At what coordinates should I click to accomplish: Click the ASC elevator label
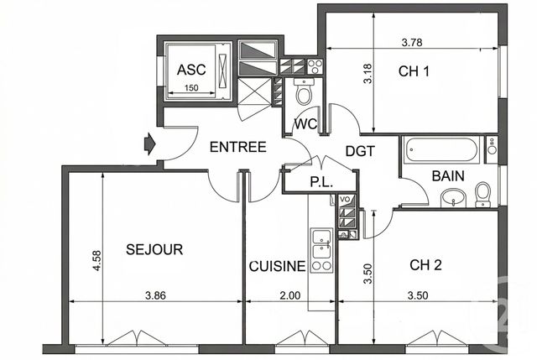[x=191, y=70]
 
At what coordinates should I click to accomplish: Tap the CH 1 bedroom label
[x=414, y=72]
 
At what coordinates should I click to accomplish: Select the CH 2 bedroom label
[x=425, y=265]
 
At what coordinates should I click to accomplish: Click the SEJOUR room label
[x=154, y=249]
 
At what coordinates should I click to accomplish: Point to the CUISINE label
[x=277, y=267]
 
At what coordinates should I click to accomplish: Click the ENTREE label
[x=237, y=147]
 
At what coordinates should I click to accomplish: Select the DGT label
[x=359, y=152]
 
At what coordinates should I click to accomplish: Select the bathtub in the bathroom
[x=441, y=151]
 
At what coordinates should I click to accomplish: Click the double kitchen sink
[x=321, y=248]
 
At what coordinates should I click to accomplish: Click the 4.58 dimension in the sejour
[x=97, y=261]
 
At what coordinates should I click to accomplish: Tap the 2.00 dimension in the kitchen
[x=289, y=295]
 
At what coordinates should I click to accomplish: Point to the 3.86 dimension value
[x=155, y=295]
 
